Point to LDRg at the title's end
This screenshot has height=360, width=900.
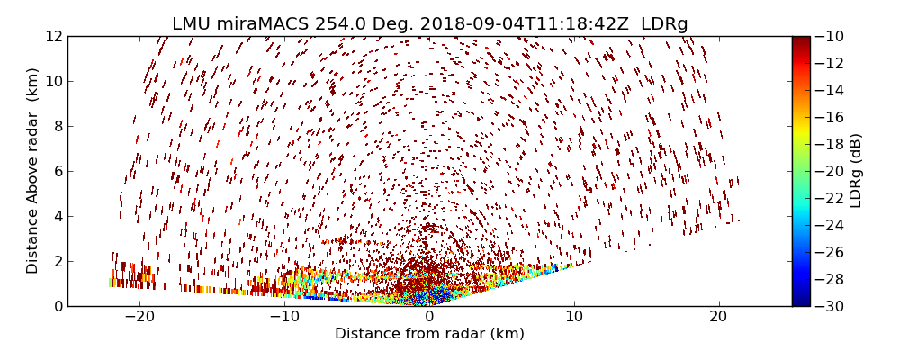(x=664, y=24)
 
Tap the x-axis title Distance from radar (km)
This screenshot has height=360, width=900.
(x=429, y=334)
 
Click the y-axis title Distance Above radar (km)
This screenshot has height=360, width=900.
(x=33, y=170)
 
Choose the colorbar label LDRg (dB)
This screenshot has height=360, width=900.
(x=856, y=170)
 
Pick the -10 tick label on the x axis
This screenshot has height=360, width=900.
(x=284, y=318)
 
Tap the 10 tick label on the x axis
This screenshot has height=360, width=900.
(x=574, y=318)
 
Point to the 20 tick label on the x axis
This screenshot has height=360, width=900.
(x=718, y=318)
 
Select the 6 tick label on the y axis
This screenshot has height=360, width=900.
(x=58, y=171)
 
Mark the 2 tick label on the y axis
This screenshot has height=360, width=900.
(x=58, y=261)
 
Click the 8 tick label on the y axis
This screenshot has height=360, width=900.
(x=58, y=126)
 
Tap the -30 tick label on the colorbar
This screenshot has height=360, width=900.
(x=830, y=306)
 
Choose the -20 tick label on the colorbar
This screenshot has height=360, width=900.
(x=830, y=171)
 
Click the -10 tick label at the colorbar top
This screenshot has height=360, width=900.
(x=830, y=36)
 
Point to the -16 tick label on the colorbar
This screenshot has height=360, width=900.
(x=830, y=117)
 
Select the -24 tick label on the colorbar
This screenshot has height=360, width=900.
(x=830, y=225)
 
